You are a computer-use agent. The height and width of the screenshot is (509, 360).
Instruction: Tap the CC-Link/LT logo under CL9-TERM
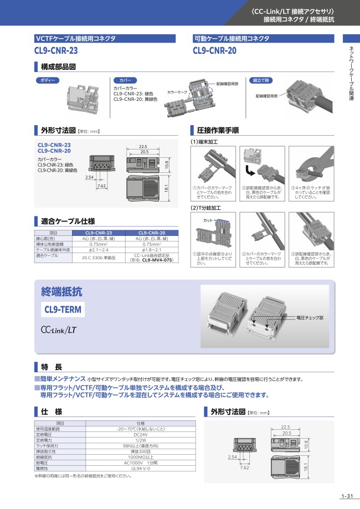coord(58,330)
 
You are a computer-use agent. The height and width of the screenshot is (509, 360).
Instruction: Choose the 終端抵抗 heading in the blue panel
coord(61,292)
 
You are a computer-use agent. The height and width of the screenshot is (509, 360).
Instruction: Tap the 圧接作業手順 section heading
coord(218,131)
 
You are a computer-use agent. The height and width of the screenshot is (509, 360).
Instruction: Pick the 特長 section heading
coord(51,367)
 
